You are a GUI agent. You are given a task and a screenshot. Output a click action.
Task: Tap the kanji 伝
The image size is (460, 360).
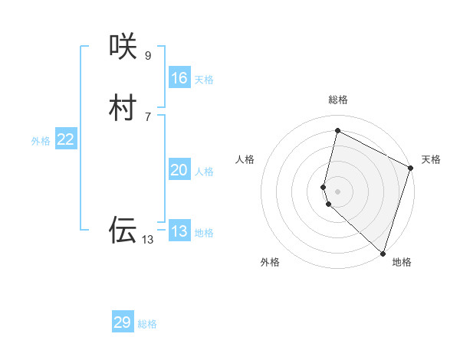coord(123,230)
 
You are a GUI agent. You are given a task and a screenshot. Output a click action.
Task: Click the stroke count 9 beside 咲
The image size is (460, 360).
coord(148,55)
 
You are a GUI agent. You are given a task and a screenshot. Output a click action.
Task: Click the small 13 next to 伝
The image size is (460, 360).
coord(147,240)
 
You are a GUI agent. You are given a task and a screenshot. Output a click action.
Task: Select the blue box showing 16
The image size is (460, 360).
coord(179,78)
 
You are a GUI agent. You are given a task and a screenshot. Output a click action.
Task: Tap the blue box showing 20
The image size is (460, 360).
coord(179,170)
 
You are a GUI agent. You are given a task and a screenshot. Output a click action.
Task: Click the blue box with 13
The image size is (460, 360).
coord(179,231)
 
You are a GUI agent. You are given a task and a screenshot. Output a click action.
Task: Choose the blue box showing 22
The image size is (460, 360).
coord(66,139)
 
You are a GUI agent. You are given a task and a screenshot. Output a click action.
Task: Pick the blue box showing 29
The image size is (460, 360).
coord(123,322)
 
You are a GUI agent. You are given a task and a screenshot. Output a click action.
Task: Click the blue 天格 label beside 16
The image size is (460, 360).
coord(204,80)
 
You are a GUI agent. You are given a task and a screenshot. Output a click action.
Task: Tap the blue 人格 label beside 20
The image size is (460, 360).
coord(204,172)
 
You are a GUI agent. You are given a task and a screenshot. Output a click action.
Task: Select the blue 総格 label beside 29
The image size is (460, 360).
coord(147,324)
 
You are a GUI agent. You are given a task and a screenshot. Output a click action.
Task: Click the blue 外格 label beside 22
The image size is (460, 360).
coord(41,141)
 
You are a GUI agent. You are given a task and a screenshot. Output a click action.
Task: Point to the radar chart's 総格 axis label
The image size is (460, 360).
coord(338,100)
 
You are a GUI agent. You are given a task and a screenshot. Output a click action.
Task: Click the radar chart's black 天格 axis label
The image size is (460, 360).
coord(431,159)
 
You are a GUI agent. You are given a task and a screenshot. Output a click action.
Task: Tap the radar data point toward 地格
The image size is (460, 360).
coord(383,253)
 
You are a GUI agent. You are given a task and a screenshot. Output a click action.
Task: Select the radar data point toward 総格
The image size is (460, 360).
coord(337,130)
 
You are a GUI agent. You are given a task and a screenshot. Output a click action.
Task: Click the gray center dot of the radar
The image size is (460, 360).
coord(337,191)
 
